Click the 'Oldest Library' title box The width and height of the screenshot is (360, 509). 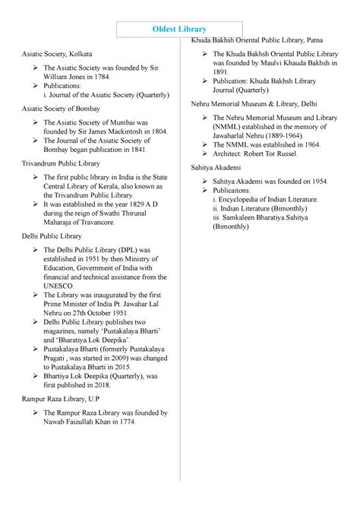pos(180,30)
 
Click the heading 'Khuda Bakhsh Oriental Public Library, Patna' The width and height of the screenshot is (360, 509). pos(262,39)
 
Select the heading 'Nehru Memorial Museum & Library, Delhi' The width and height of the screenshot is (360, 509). pos(254,103)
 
